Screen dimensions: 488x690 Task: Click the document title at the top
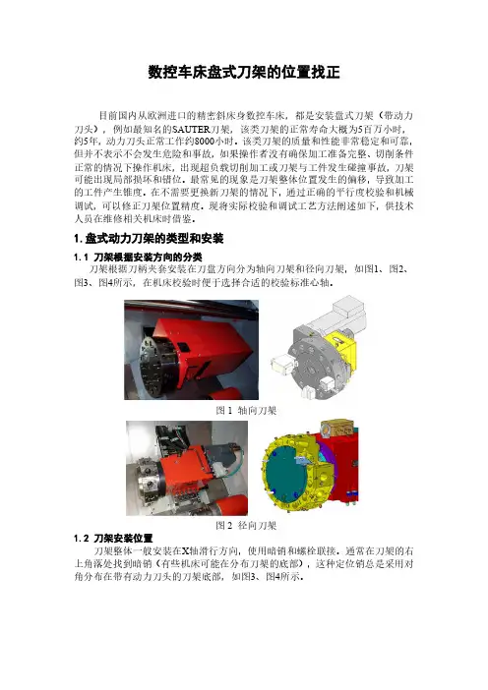pyautogui.click(x=244, y=73)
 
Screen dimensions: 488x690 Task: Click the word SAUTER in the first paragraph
pyautogui.click(x=190, y=130)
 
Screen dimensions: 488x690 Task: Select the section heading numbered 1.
pyautogui.click(x=149, y=239)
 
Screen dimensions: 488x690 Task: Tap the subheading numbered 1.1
pyautogui.click(x=138, y=257)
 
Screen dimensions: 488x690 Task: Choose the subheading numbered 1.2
pyautogui.click(x=113, y=539)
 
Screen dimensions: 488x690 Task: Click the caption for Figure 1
pyautogui.click(x=246, y=411)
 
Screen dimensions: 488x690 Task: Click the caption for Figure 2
pyautogui.click(x=246, y=525)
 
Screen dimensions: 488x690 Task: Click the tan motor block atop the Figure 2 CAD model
pyautogui.click(x=337, y=428)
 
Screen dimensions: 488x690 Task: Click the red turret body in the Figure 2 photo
pyautogui.click(x=185, y=471)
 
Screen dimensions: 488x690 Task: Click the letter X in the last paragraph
pyautogui.click(x=186, y=551)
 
